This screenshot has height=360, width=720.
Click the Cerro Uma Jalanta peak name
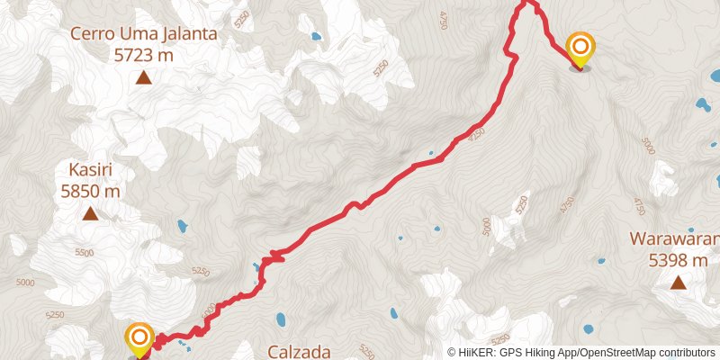click(144, 35)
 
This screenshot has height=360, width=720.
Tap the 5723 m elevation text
click(144, 55)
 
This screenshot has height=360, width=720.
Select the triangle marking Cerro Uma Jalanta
click(144, 78)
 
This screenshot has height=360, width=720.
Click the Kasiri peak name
click(90, 170)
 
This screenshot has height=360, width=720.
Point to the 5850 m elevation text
click(90, 191)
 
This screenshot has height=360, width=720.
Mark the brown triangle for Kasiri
click(90, 214)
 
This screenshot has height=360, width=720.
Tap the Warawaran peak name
click(675, 240)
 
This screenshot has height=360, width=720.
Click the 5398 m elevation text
click(679, 261)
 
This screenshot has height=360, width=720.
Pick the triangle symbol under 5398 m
click(678, 283)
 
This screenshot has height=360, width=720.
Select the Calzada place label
click(301, 352)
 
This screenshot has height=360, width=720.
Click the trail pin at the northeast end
click(580, 47)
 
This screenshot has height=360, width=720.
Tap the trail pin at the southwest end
click(139, 339)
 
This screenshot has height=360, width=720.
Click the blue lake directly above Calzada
click(282, 319)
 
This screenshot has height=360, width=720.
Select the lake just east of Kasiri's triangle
click(183, 226)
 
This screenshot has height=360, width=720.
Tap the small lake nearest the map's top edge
click(315, 38)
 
